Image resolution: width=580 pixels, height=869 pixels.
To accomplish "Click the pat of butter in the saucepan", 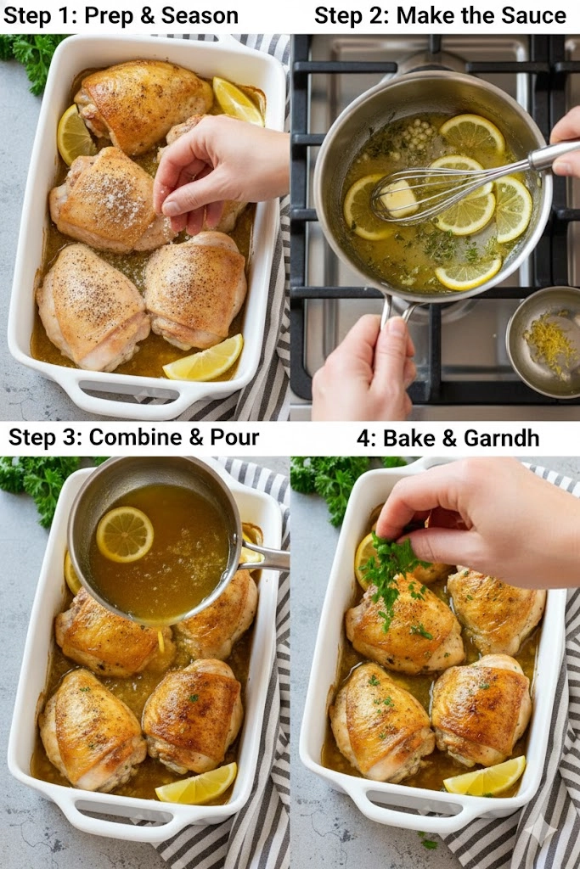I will coord(399,199).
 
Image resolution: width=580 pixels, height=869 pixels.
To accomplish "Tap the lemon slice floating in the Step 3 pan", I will coord(124,534).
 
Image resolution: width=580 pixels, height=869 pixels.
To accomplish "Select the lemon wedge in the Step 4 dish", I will coord(486,776).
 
